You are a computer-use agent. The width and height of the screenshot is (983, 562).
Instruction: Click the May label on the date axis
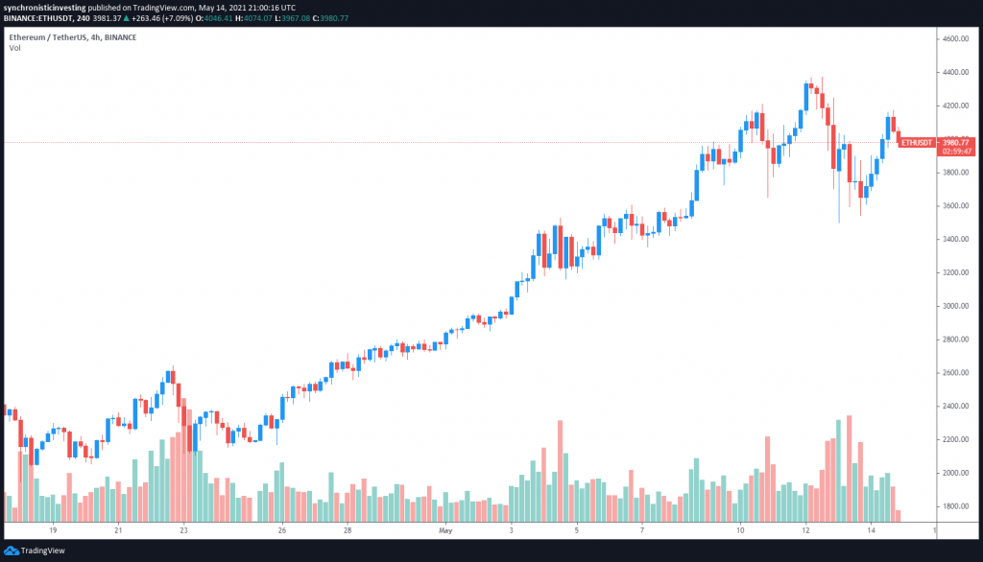(444, 529)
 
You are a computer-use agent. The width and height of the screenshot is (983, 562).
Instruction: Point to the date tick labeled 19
(53, 529)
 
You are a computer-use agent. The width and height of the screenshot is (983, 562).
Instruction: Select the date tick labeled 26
(283, 529)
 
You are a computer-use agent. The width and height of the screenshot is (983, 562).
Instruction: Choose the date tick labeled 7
(641, 529)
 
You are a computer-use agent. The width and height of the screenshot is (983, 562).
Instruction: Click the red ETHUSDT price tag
(916, 142)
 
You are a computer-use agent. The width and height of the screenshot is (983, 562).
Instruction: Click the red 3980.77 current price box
(956, 142)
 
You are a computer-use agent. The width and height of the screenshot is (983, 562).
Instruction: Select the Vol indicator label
(15, 48)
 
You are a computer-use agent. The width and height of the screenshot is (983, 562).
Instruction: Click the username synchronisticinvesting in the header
(51, 8)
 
